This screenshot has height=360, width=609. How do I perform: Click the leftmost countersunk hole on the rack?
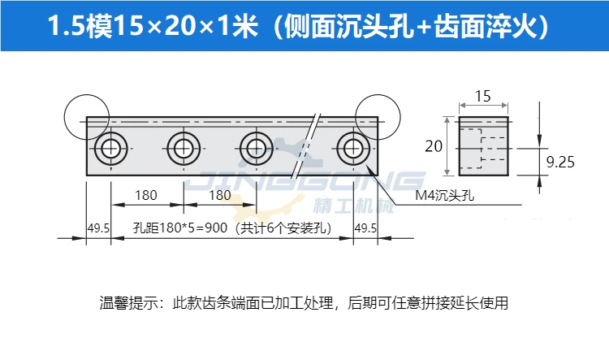coord(111,149)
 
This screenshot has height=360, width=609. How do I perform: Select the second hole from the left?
coord(184,149)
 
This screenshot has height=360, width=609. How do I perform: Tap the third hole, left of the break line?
coord(257,149)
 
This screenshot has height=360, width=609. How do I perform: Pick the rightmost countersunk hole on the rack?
coord(353,149)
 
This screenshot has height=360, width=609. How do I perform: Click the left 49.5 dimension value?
coord(98,228)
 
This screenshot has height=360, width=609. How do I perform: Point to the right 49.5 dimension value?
coord(365,228)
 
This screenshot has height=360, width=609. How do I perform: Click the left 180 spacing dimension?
coord(146,195)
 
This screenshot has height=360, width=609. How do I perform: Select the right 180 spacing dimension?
coord(220,195)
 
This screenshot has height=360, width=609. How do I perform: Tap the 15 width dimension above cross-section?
coord(483,97)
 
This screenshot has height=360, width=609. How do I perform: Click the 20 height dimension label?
coord(434,146)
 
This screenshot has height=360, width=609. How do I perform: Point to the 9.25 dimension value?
coord(560,162)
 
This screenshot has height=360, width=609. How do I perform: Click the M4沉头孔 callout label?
coord(445,195)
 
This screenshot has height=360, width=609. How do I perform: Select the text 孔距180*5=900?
coord(180,228)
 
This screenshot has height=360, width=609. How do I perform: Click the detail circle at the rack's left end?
coord(64,117)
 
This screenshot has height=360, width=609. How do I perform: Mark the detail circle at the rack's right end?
coord(400,117)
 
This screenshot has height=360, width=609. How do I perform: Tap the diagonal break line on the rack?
coord(304,146)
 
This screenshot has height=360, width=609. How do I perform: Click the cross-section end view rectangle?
coord(484,146)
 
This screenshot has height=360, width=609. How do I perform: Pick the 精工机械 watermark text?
coord(353,206)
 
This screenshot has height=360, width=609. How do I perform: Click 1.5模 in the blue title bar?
coord(80,27)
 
